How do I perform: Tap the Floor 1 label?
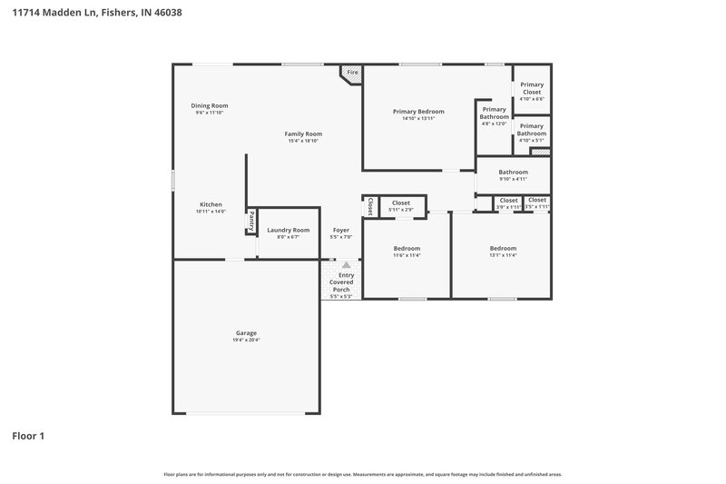tap(28, 436)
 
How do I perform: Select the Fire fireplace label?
tap(352, 72)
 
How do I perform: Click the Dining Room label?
tap(209, 105)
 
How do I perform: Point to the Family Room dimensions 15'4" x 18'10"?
tap(304, 141)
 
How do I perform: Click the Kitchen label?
tap(211, 204)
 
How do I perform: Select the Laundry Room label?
tap(288, 230)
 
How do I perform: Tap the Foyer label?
tap(341, 230)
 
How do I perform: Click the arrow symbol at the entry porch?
tap(346, 265)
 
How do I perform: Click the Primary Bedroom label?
tap(418, 111)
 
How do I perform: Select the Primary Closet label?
tap(532, 88)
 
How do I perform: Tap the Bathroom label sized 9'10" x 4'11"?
tap(513, 172)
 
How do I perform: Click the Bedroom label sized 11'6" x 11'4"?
tap(407, 248)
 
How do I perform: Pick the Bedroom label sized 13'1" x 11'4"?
tap(503, 248)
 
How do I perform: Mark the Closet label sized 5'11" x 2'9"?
tap(401, 202)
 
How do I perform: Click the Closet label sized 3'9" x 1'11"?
tap(508, 200)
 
